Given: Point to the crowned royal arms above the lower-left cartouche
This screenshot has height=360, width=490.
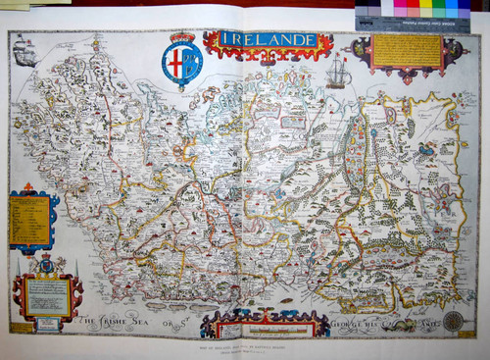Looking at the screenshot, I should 45,264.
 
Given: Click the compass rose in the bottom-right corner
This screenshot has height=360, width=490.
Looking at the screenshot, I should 453,320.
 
